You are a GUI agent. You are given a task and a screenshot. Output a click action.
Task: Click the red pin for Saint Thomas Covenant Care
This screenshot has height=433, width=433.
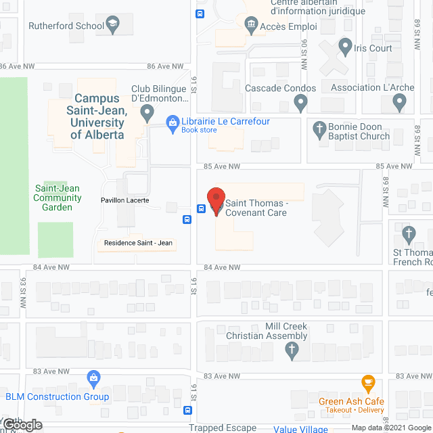click(x=215, y=200)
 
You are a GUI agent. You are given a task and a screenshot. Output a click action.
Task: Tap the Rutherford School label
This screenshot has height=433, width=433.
click(x=66, y=26)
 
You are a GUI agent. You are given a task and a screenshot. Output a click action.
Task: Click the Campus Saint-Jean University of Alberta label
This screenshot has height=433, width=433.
click(x=98, y=116)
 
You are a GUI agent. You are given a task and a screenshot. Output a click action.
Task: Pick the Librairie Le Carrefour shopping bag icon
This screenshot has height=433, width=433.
click(x=173, y=122)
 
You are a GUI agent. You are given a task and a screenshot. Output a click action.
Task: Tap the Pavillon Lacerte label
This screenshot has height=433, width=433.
click(x=124, y=200)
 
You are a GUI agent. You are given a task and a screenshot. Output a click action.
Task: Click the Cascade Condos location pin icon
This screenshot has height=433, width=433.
click(x=301, y=104)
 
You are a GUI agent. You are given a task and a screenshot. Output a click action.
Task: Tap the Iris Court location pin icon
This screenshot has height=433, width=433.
click(x=346, y=48)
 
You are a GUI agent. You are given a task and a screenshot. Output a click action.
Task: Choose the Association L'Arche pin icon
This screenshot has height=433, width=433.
click(x=399, y=103)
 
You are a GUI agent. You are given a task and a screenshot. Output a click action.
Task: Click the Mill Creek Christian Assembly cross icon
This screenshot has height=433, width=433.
click(x=292, y=350)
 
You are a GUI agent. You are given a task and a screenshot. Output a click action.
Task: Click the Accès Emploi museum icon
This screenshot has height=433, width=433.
click(x=251, y=26)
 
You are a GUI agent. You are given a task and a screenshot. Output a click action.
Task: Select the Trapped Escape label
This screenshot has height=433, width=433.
click(x=223, y=428)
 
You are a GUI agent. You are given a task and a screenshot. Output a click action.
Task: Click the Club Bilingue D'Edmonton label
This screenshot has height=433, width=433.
click(x=160, y=93)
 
